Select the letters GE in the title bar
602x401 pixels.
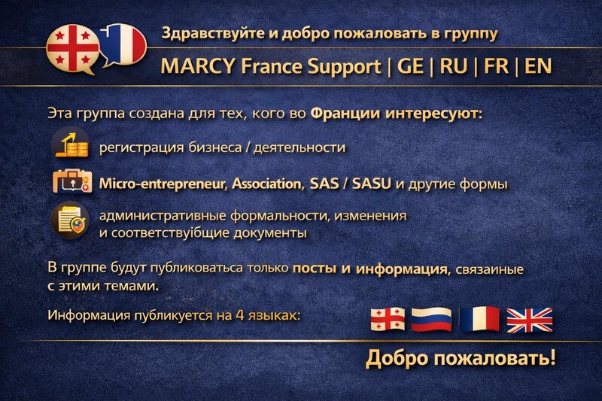coord(410,65)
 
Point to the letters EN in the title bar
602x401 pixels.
coord(538,65)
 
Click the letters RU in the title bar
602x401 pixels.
coord(454,65)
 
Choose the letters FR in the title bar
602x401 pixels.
coord(496,65)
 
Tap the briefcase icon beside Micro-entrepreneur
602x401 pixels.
coord(71,182)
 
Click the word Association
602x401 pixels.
coord(267,184)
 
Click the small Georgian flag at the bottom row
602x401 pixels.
coord(388,319)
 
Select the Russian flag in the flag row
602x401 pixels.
coord(431,319)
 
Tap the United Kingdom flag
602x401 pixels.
coord(529,319)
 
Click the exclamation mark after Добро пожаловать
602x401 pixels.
coord(552,357)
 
